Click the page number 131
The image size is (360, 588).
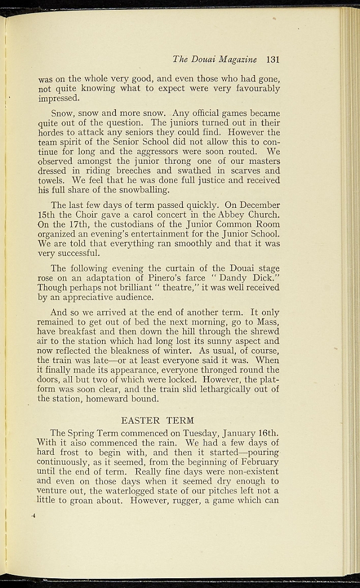tap(273, 59)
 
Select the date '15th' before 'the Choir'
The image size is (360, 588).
tap(47, 215)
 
